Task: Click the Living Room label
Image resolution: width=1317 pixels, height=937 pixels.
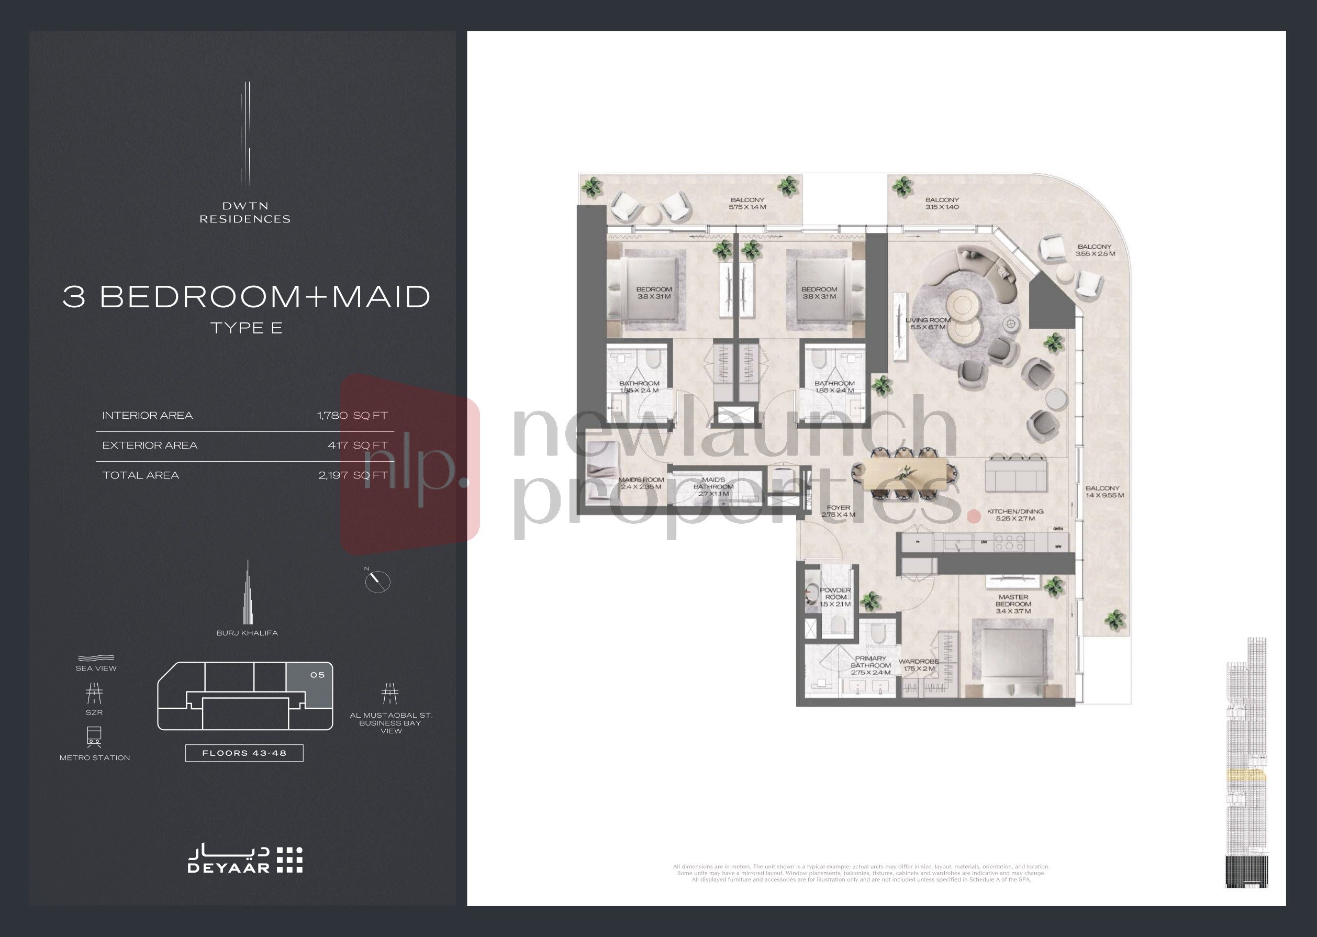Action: [x=928, y=324]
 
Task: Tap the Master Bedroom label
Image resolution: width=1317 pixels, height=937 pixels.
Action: [x=1013, y=604]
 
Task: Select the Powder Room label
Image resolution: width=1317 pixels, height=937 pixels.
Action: [x=835, y=597]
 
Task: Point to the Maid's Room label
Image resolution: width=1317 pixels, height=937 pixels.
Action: [x=641, y=483]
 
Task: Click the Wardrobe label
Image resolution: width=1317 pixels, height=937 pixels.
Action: [x=918, y=665]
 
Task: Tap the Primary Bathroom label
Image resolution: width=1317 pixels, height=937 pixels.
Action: [x=870, y=665]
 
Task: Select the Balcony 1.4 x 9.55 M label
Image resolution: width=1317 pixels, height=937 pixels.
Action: [x=1104, y=492]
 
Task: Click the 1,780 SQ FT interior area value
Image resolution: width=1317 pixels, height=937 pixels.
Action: [x=352, y=416]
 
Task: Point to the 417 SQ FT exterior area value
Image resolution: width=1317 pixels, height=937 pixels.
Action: [x=357, y=445]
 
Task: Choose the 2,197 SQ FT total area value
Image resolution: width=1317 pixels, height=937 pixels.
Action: [x=352, y=475]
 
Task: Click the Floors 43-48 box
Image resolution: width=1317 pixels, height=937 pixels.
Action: [x=244, y=753]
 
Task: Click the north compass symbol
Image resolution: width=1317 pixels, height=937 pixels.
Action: [x=378, y=582]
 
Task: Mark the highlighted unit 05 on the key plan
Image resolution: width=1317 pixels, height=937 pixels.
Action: [x=310, y=685]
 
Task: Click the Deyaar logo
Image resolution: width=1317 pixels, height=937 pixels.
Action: [x=245, y=860]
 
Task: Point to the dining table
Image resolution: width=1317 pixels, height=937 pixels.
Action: [x=905, y=474]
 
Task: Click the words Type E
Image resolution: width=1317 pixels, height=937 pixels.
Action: [x=247, y=328]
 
